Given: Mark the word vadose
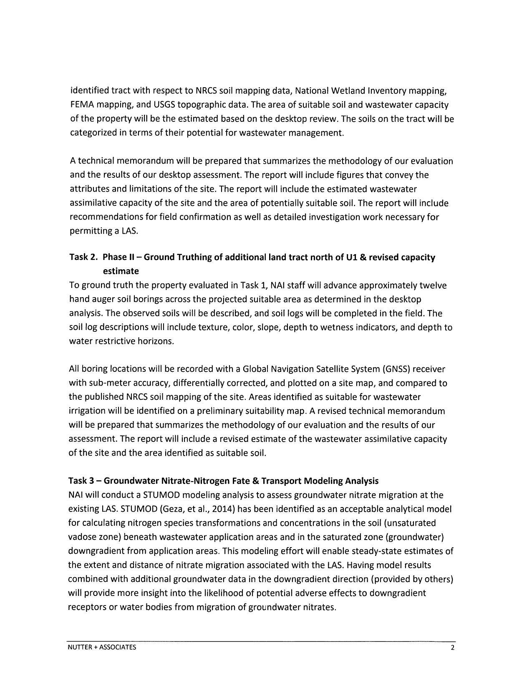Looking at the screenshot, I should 81,537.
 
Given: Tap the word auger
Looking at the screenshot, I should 100,300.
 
